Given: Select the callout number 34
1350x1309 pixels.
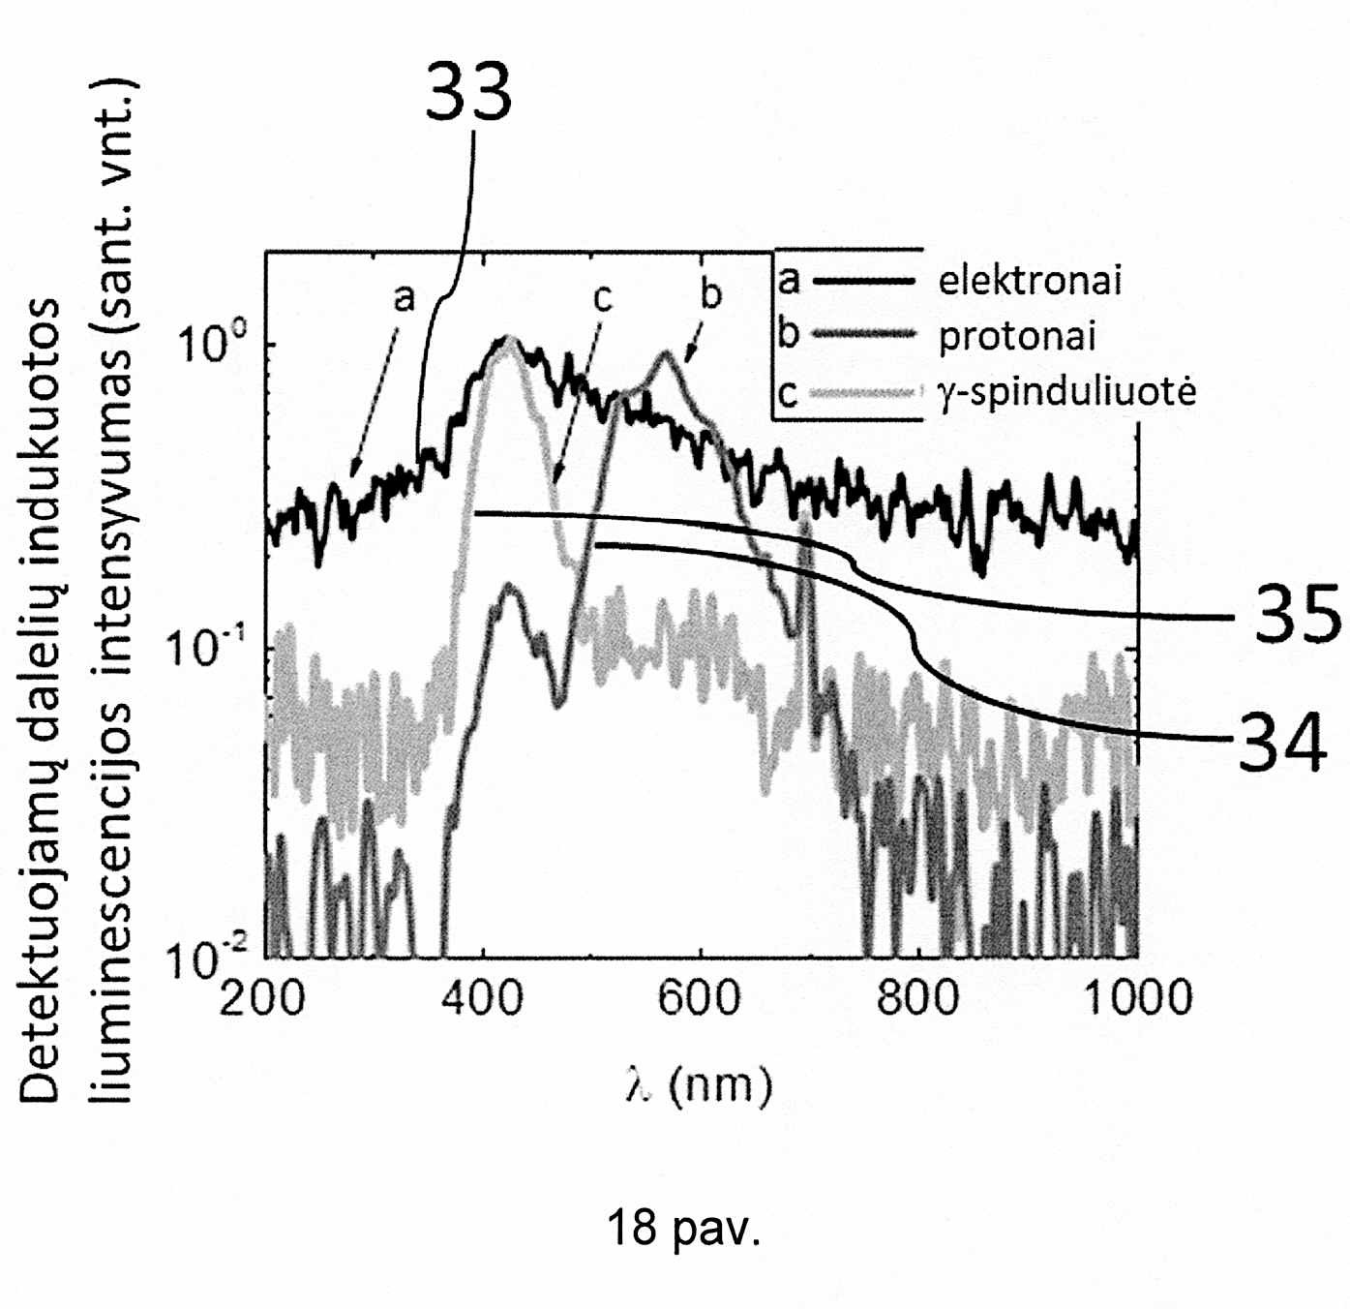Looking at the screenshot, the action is tap(1281, 744).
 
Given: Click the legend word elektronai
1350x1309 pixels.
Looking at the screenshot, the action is tap(1030, 281).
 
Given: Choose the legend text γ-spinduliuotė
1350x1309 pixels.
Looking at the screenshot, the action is tap(1067, 393).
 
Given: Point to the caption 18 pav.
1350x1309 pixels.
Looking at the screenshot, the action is tap(683, 1228).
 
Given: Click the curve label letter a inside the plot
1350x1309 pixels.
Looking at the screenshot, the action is tap(404, 298).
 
